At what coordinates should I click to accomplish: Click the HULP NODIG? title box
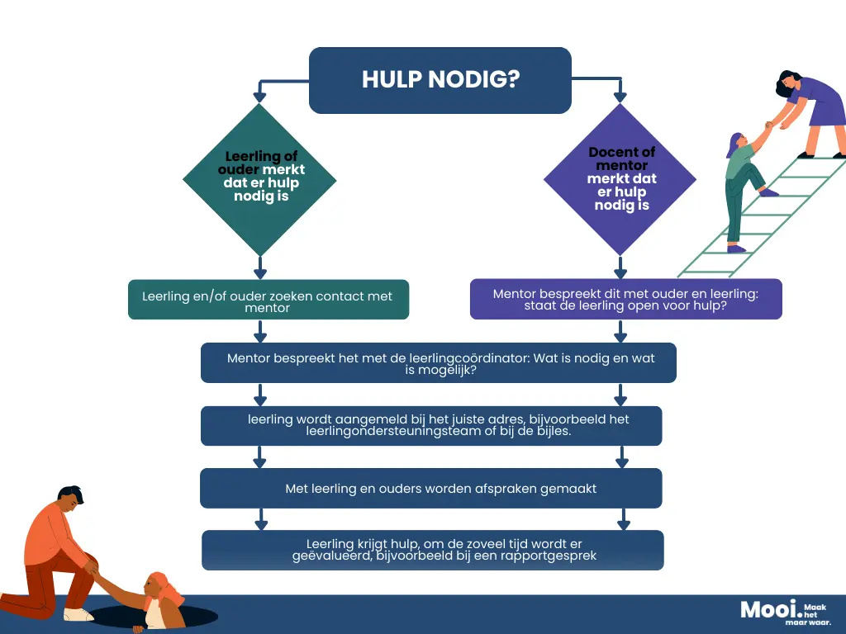[x=440, y=80]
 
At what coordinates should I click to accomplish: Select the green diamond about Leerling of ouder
[x=260, y=179]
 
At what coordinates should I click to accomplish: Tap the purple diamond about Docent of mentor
[x=620, y=179]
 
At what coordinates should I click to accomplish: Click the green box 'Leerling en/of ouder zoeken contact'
[x=269, y=300]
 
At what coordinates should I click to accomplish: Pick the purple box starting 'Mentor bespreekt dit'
[x=626, y=299]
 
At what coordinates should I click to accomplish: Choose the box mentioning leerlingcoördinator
[x=439, y=363]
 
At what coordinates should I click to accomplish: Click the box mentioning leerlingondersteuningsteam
[x=431, y=426]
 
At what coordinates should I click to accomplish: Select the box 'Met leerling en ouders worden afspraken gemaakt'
[x=431, y=489]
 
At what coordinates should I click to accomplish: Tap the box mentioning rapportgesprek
[x=433, y=551]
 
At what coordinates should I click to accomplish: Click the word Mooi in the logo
[x=768, y=610]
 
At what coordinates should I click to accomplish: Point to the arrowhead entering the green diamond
[x=259, y=97]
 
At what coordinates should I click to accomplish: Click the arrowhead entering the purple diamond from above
[x=620, y=97]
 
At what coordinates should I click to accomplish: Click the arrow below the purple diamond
[x=620, y=267]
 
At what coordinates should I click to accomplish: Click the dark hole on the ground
[x=154, y=616]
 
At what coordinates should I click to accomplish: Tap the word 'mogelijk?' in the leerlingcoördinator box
[x=441, y=371]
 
